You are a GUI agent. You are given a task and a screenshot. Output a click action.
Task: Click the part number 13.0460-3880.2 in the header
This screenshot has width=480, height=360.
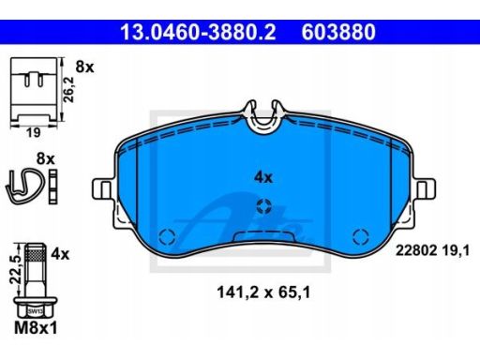coord(198,32)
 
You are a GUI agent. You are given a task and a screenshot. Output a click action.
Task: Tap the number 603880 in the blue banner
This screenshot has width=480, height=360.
coord(338,32)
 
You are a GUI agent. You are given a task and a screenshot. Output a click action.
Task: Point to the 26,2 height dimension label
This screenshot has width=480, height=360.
coord(68,90)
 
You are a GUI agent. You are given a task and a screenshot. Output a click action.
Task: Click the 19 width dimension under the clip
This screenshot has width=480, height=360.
coord(34,133)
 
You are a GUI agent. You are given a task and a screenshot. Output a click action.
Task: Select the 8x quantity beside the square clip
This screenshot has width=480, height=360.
coord(84,67)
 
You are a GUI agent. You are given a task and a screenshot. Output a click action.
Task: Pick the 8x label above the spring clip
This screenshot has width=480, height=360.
coord(46,158)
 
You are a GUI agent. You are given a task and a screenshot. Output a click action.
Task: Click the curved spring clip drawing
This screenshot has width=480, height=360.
coord(25,187)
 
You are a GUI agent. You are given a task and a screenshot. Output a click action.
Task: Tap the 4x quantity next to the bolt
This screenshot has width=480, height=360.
coord(60,254)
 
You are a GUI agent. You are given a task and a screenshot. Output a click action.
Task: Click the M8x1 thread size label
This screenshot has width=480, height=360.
coord(36,328)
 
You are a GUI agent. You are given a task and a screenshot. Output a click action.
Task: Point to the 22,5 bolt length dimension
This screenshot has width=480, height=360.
coord(15,270)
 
